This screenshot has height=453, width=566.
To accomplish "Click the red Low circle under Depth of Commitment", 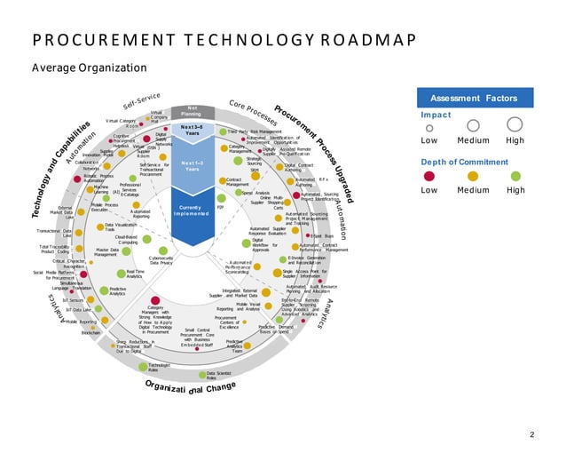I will pyautogui.click(x=429, y=174).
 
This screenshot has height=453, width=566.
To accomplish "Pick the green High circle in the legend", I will pyautogui.click(x=515, y=174).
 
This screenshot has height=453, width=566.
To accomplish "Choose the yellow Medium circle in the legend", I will pyautogui.click(x=472, y=174).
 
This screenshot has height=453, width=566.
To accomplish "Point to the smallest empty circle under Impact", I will pyautogui.click(x=429, y=127).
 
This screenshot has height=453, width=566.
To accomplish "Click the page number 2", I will pyautogui.click(x=531, y=434).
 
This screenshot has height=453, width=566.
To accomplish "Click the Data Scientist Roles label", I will pyautogui.click(x=229, y=377).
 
